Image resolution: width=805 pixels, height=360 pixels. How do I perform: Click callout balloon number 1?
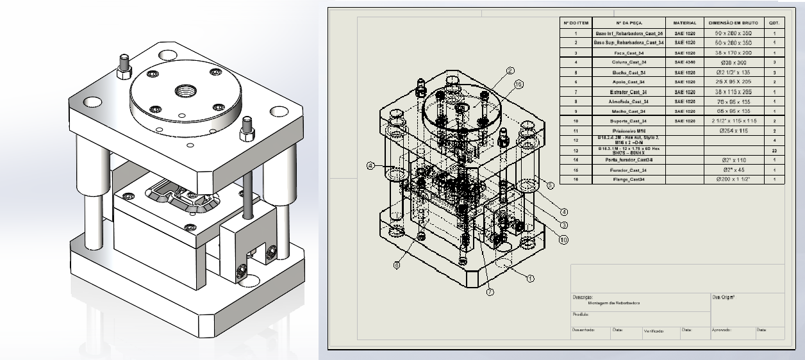coord(530,279)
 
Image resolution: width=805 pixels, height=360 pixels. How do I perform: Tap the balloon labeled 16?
coord(519,84)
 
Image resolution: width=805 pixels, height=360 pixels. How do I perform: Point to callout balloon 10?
coord(563,240)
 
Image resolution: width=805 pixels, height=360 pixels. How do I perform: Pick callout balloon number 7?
coord(490,291)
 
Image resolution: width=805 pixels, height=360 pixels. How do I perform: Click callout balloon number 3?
coord(563,225)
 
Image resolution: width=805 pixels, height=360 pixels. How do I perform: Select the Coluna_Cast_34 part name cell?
coord(629,62)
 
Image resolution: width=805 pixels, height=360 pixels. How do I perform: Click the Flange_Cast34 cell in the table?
coord(629,180)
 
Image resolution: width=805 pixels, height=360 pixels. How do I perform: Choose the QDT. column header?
coord(774,22)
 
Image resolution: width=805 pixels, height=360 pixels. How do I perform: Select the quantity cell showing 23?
coord(774,150)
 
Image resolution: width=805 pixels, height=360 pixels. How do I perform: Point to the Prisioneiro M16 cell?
coord(629,130)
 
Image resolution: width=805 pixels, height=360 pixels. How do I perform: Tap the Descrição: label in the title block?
coord(583,297)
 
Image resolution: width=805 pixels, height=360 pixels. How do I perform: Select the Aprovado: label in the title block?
coord(722,331)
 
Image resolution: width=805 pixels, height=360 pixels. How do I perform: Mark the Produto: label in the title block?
coord(581,315)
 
